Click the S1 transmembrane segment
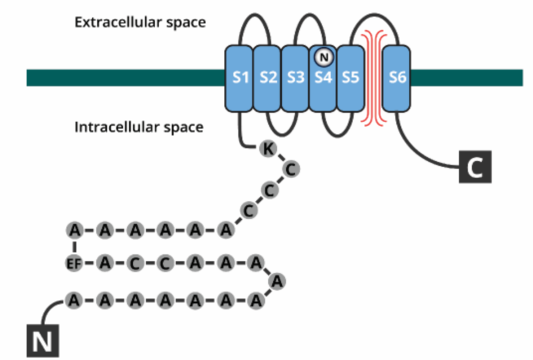tap(239, 79)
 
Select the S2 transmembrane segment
tap(267, 79)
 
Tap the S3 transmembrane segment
tap(295, 79)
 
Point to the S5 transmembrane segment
tap(350, 79)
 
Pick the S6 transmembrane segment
tap(396, 79)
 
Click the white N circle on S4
tap(324, 57)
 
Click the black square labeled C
tap(475, 167)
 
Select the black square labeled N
tap(43, 341)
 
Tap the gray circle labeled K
tap(268, 148)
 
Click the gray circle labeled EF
tap(74, 263)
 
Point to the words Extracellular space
tap(140, 23)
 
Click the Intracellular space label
tap(139, 127)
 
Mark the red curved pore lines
tap(374, 78)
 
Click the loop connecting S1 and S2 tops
tap(255, 14)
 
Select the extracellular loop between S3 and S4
tap(310, 14)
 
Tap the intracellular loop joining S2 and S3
tap(282, 135)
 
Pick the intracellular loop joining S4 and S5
tap(337, 137)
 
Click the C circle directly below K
tap(291, 169)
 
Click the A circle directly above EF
tap(74, 230)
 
